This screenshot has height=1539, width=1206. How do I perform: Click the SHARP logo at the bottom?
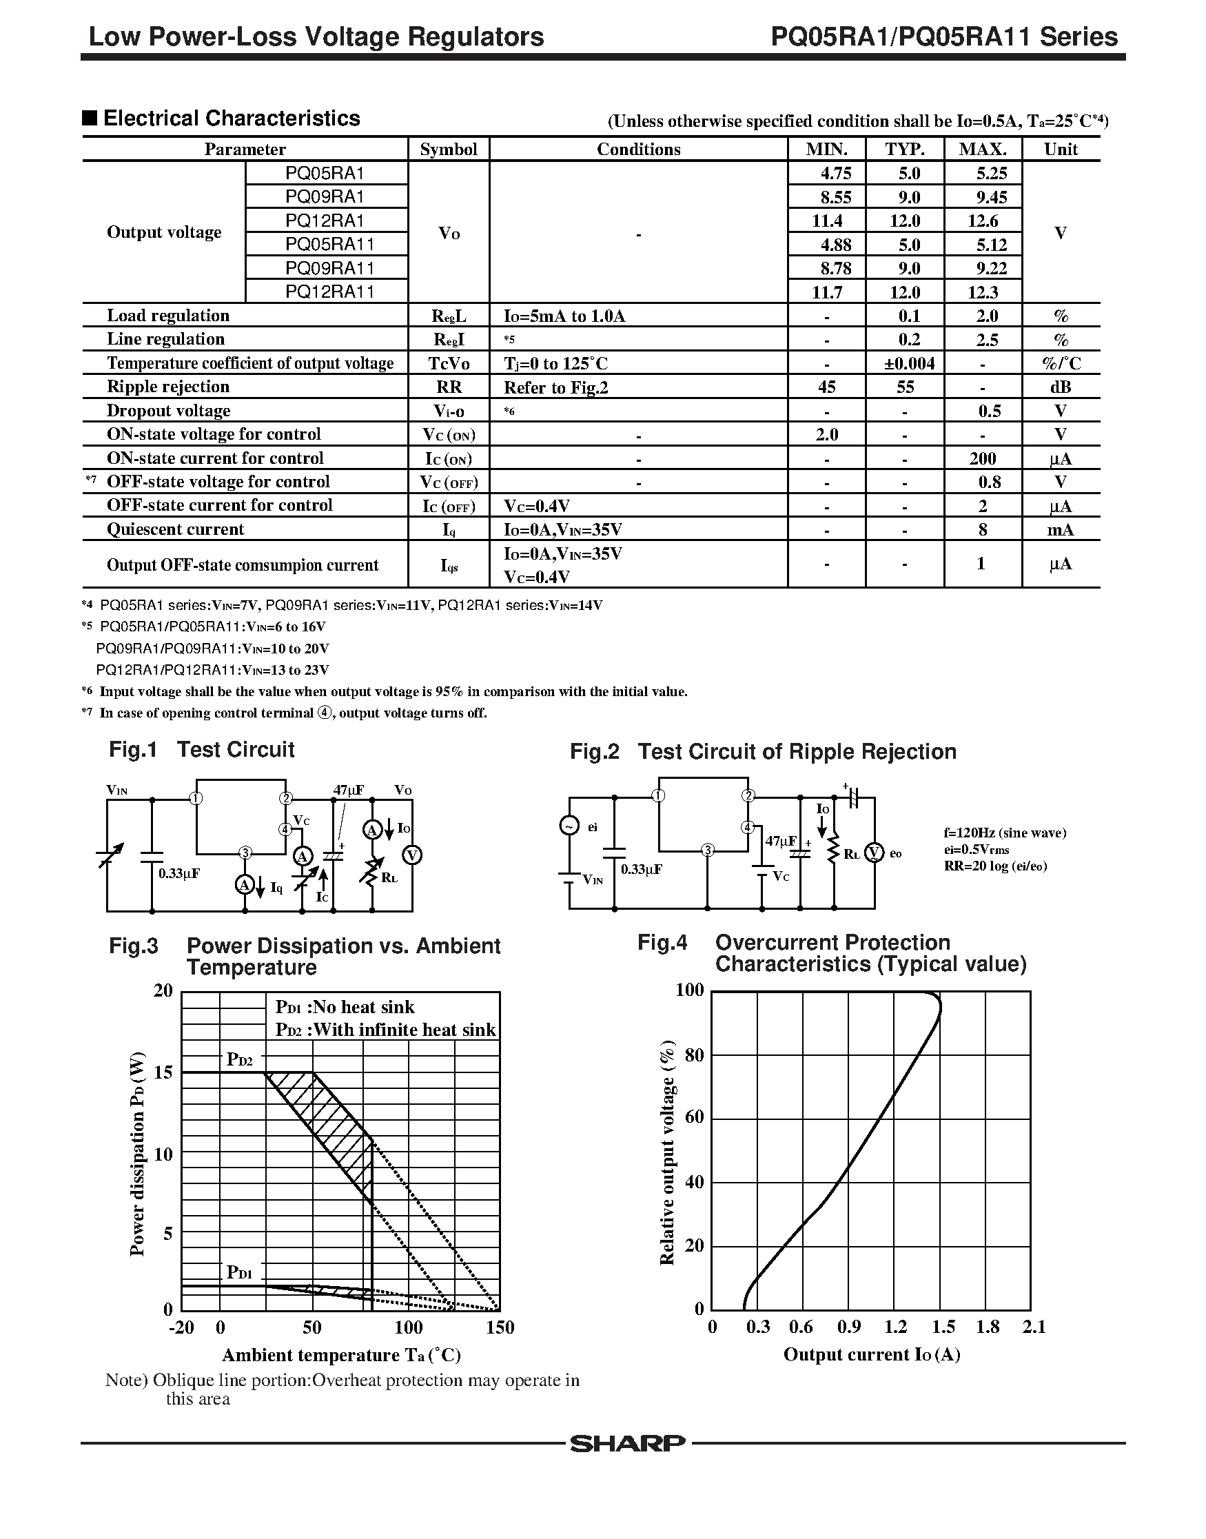point(627,1444)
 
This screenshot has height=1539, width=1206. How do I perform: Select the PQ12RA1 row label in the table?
point(325,221)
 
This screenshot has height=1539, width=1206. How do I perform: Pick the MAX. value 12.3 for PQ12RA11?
point(983,292)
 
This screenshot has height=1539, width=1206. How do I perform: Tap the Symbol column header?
point(449,149)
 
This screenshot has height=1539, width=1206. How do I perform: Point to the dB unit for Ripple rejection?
point(1060,387)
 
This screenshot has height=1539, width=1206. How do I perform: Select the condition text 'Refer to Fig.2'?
point(555,387)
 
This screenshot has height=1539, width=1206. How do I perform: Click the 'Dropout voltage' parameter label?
point(168,411)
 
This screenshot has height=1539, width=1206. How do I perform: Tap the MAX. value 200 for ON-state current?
point(982,458)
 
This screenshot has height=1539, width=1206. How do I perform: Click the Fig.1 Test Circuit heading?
point(202,749)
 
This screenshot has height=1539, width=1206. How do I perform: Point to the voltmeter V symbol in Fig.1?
point(411,855)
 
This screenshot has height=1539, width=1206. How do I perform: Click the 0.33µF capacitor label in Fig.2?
point(641,869)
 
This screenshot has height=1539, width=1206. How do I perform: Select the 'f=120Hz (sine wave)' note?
point(1005,833)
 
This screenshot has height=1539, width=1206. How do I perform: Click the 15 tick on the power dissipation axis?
point(163,1072)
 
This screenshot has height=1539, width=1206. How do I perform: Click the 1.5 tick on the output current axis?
point(943,1327)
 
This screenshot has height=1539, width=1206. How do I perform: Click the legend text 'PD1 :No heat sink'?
point(345,1007)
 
